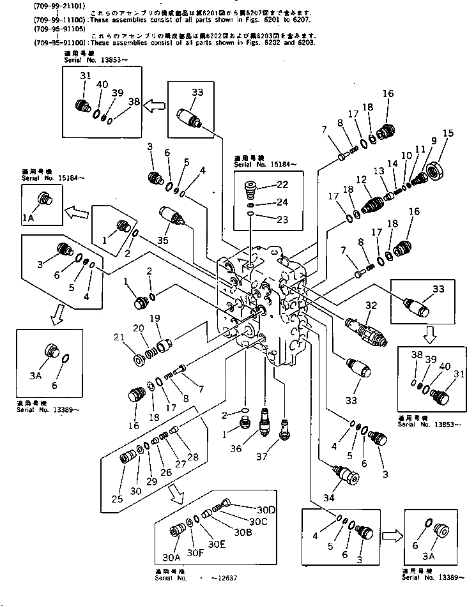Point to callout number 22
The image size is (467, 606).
tap(282, 184)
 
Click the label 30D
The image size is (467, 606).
tap(249, 510)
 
